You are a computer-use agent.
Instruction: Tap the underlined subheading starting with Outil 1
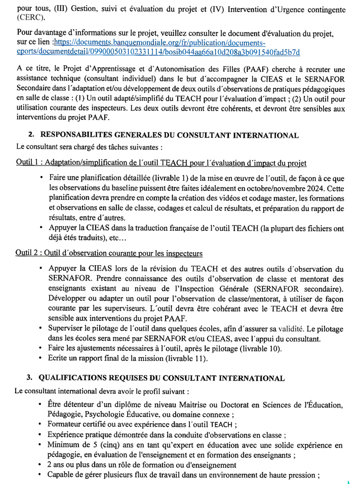pyautogui.click(x=161, y=163)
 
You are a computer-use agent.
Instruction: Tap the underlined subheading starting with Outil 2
pyautogui.click(x=109, y=253)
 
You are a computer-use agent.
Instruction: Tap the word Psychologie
pyautogui.click(x=112, y=415)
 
